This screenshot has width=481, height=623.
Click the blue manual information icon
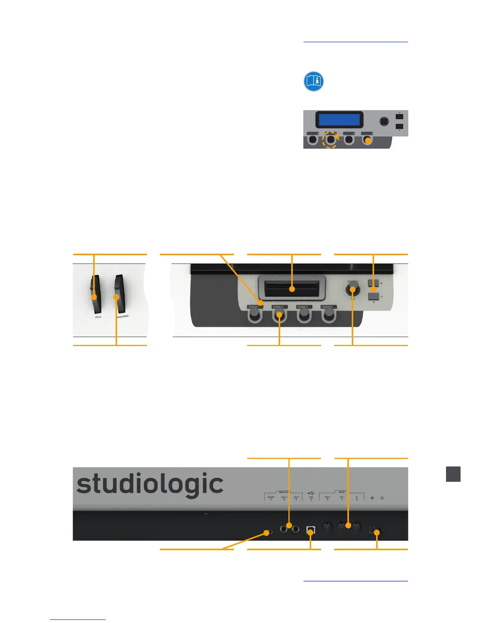pos(314,81)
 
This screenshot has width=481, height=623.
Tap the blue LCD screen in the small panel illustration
pos(339,120)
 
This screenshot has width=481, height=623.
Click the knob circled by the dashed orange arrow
pos(330,139)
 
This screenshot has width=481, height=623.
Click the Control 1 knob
pos(255,314)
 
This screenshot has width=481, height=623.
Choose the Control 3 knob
pos(303,314)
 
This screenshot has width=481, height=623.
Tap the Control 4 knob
pos(328,314)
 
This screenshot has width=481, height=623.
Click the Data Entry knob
pos(352,290)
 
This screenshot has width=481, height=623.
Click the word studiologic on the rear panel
pos(150,484)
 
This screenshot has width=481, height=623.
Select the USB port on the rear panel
pos(310,530)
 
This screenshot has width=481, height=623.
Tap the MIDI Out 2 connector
pos(327,527)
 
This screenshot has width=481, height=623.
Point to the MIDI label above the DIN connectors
pos(342,492)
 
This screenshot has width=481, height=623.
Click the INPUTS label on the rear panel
pos(283,492)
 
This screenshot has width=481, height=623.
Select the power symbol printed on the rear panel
pos(382,498)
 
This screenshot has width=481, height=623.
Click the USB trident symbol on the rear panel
pos(311,493)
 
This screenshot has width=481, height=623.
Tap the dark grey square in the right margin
pos(453,474)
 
